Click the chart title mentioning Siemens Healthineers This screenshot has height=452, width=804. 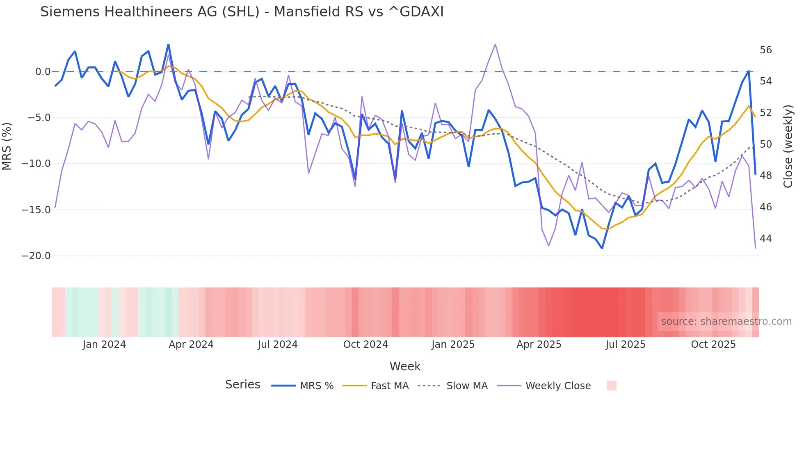click(242, 12)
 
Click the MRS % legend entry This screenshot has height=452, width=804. click(316, 386)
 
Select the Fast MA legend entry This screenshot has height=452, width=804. click(389, 386)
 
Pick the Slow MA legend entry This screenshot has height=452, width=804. click(467, 386)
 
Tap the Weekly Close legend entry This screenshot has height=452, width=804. click(558, 386)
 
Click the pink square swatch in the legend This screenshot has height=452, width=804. click(611, 386)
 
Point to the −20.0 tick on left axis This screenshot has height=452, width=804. click(36, 256)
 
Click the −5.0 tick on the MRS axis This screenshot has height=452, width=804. click(39, 118)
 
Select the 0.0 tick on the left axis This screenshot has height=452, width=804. click(43, 72)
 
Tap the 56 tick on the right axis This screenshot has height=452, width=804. click(765, 50)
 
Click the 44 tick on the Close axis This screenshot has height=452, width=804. click(765, 239)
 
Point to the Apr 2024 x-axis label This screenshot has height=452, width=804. click(191, 345)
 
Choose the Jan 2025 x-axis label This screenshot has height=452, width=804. click(453, 345)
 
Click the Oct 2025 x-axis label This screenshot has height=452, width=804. click(713, 345)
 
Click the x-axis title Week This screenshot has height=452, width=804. click(405, 366)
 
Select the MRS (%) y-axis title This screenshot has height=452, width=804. click(7, 146)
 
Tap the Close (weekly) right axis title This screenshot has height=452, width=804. click(788, 146)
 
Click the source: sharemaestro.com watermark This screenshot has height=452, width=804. click(726, 322)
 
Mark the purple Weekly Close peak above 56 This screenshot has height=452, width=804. click(495, 45)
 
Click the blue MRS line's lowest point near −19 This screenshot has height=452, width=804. click(602, 248)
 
